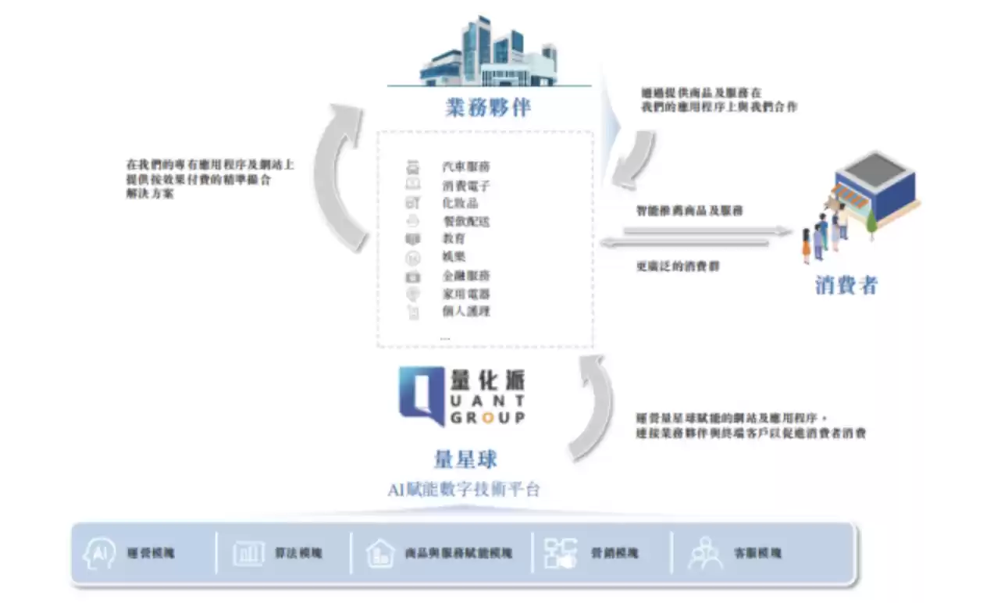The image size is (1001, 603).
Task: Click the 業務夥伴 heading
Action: coord(489,108)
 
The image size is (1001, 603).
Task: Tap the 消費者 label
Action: coord(846,285)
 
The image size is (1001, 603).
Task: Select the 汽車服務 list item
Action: coord(466,167)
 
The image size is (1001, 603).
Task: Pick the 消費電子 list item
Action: coord(466,186)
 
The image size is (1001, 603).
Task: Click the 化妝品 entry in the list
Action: coord(460,204)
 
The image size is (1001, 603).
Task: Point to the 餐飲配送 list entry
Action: coord(466,222)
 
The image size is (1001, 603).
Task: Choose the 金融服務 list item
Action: coord(466,276)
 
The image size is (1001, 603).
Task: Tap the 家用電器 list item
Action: coord(466,294)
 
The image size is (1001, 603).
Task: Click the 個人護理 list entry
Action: coord(466,312)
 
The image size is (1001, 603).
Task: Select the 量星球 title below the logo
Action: coord(465,458)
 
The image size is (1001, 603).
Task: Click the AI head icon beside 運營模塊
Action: coord(99,553)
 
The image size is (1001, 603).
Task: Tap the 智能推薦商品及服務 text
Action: coord(689,210)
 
